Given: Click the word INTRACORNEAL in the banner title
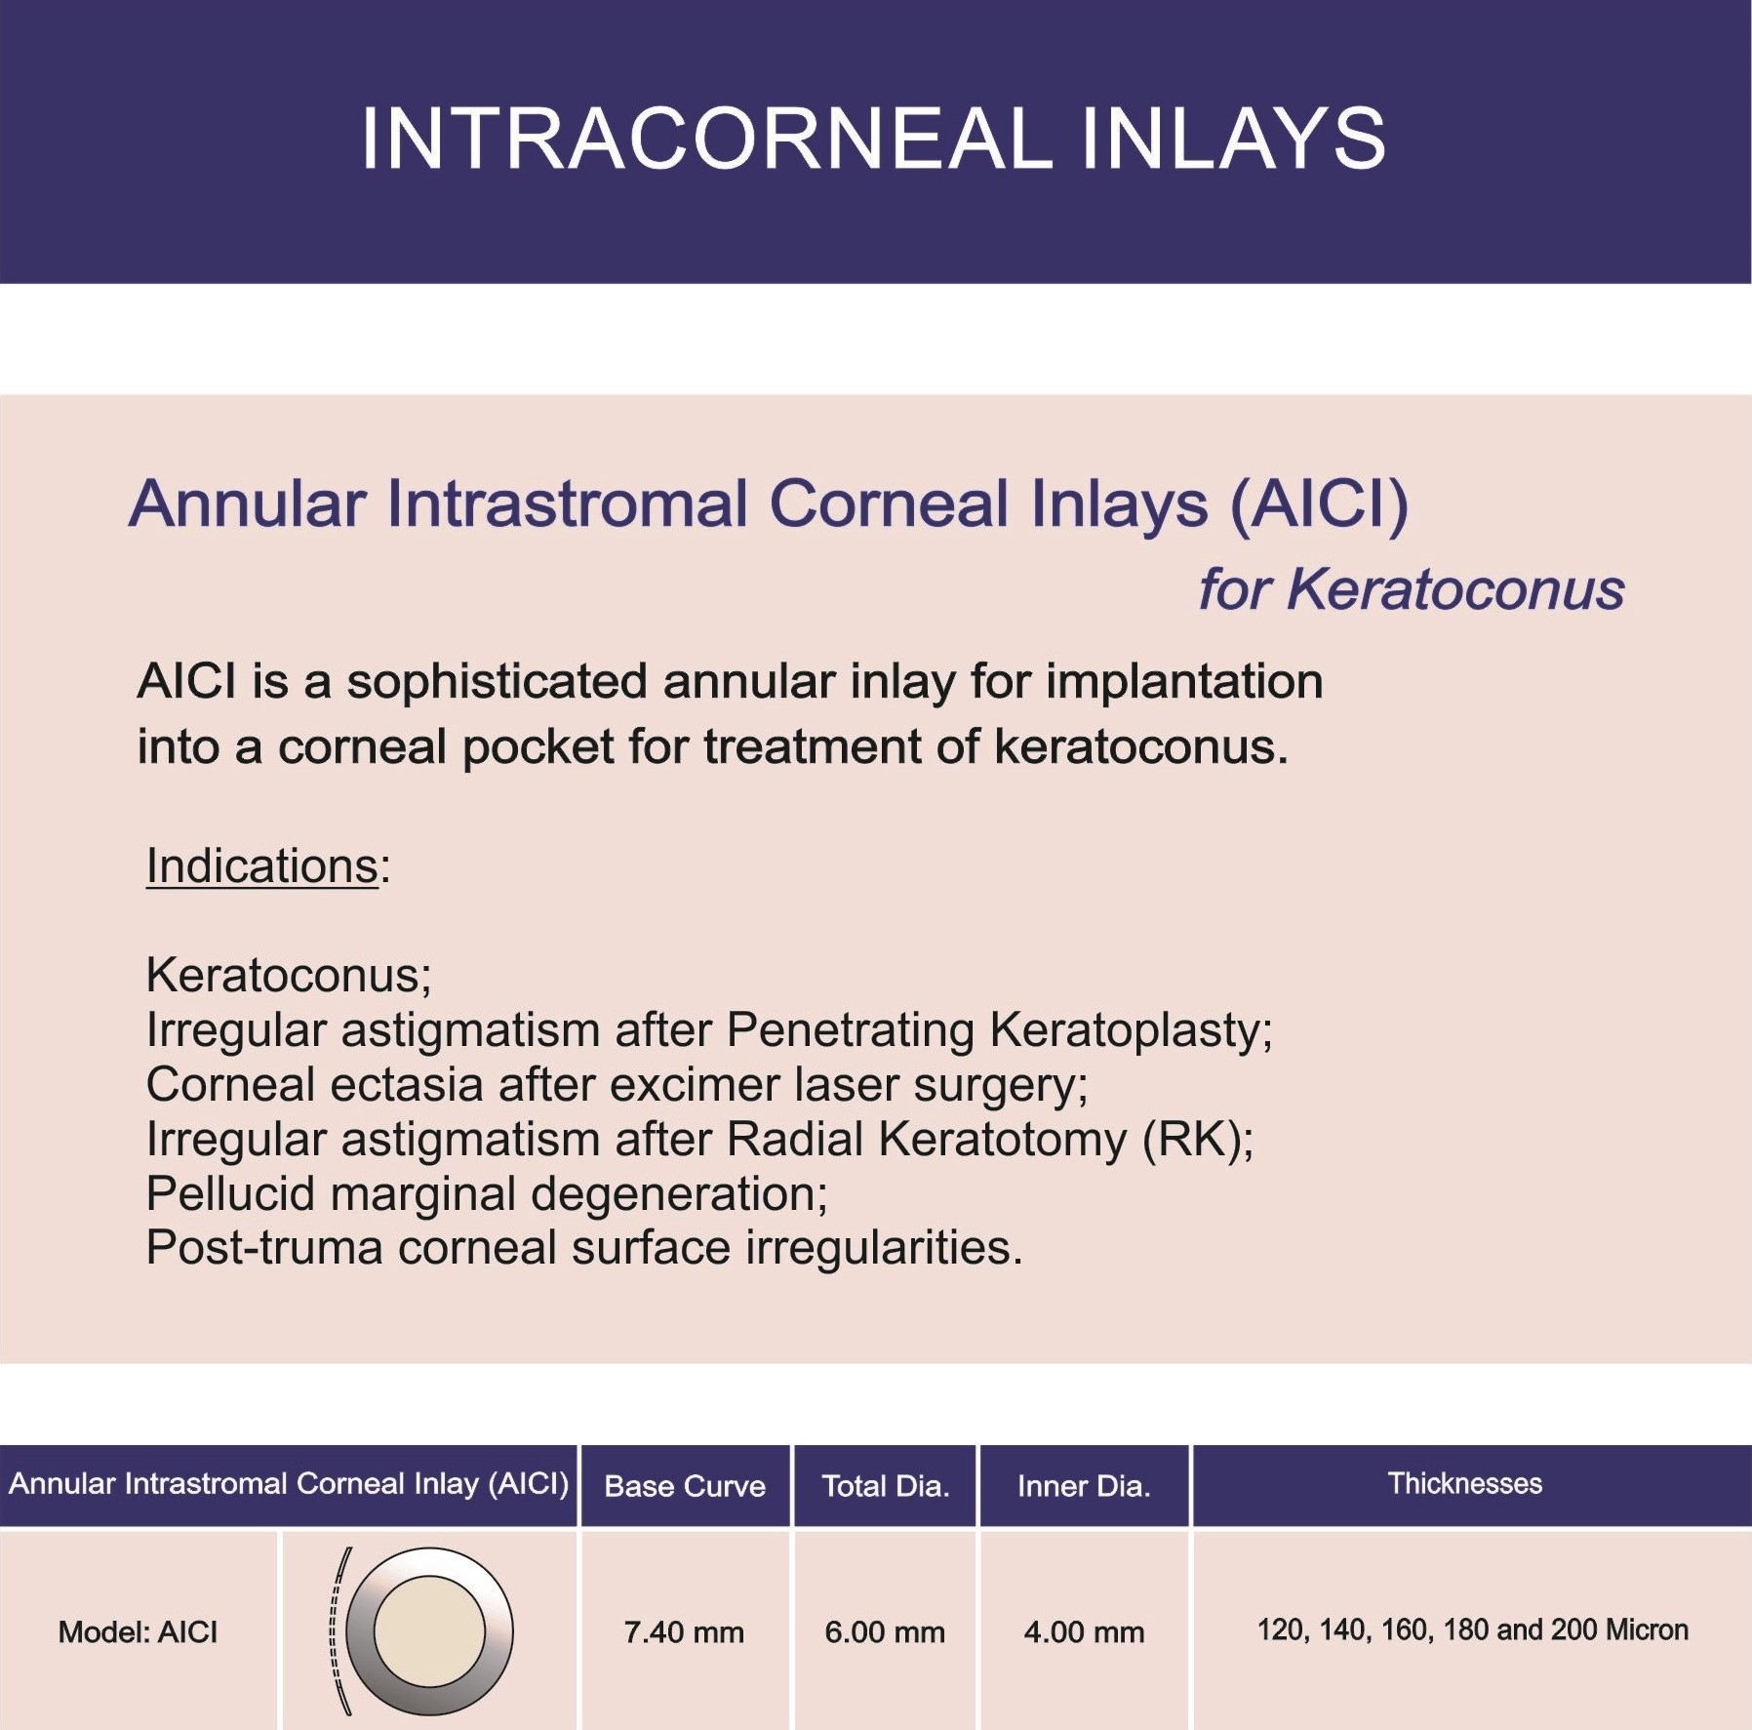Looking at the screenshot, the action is click(707, 139).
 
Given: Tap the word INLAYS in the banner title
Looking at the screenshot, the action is click(1234, 139).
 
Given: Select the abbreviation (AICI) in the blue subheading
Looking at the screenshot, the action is click(1319, 504).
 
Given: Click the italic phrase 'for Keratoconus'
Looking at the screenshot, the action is click(1412, 589).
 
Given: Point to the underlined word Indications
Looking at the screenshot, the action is click(261, 865).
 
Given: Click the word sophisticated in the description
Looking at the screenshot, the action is click(498, 682).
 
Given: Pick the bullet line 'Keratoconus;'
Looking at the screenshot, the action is click(289, 975).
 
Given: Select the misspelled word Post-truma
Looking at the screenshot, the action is click(263, 1248).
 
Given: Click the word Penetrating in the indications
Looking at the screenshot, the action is click(851, 1029).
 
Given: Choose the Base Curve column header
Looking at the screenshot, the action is click(685, 1486).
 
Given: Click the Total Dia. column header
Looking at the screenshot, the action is click(886, 1486).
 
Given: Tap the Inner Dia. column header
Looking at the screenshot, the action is click(1084, 1486).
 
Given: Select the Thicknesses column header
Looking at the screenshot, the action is click(1465, 1484).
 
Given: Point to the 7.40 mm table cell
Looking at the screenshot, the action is click(684, 1632).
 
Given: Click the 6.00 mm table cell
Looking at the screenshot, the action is click(885, 1632).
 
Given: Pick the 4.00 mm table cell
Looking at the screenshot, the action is click(1084, 1632).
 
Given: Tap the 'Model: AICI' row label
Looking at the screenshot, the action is click(138, 1632).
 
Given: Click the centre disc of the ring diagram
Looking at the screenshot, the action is click(429, 1631).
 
